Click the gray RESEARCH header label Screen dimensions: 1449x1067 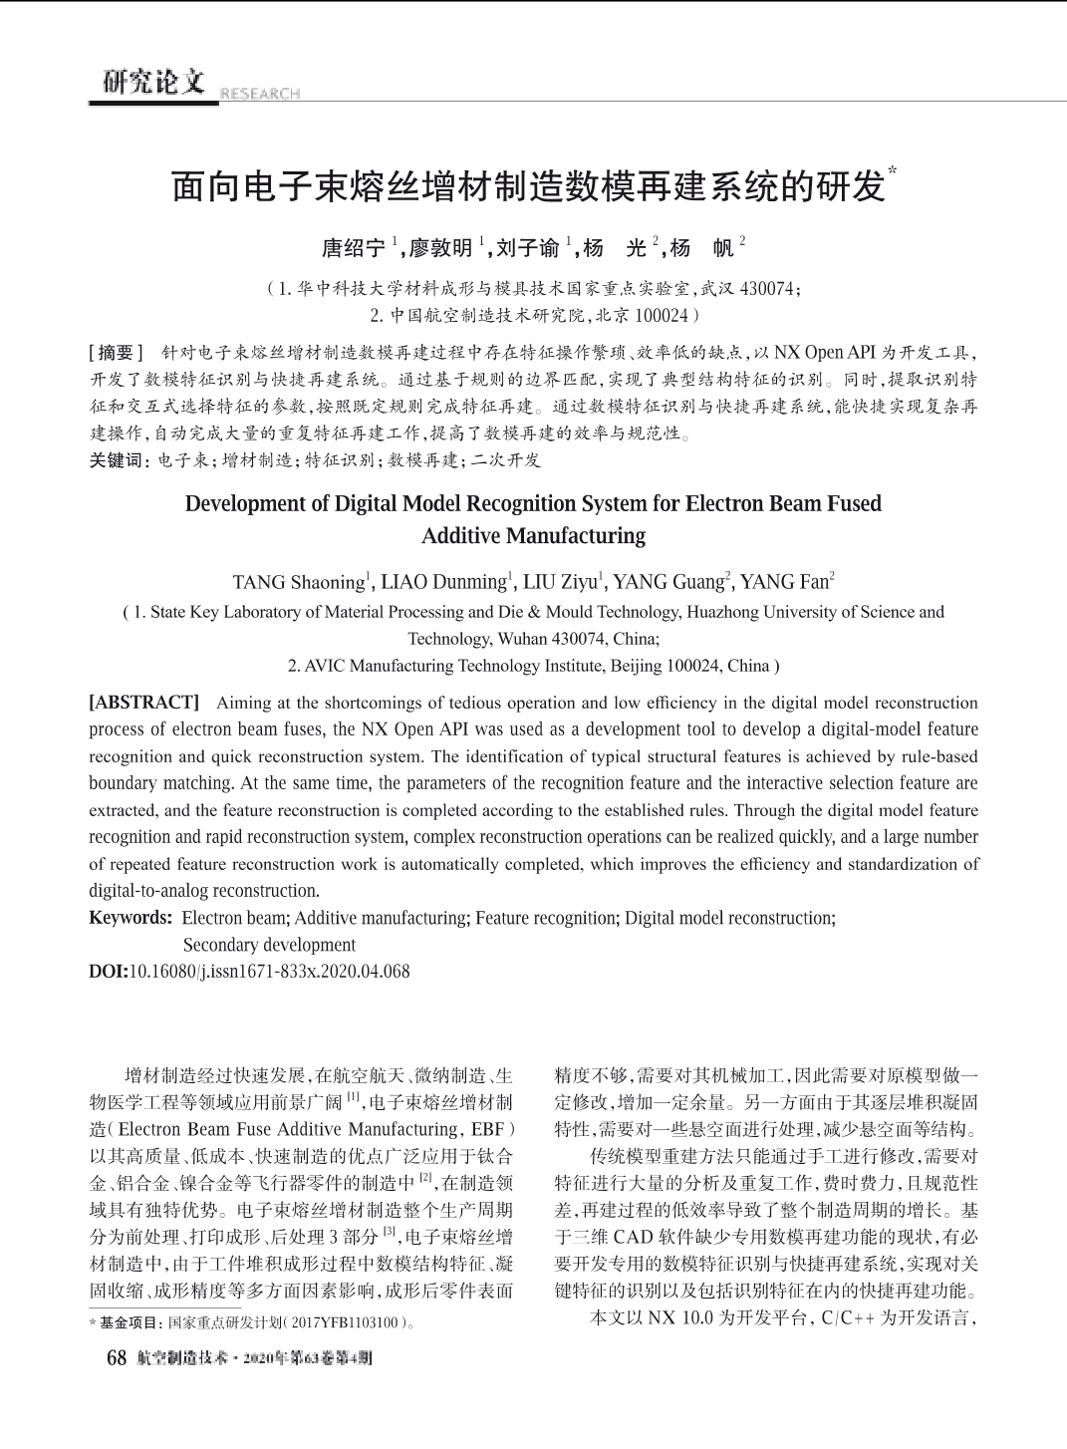[x=259, y=94]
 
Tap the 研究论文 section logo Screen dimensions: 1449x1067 [x=153, y=82]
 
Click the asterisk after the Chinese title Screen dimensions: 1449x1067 [x=892, y=171]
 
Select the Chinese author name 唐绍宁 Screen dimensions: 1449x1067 [x=353, y=248]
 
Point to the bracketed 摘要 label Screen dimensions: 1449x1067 [x=118, y=353]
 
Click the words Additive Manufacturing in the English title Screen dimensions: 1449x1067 [x=533, y=536]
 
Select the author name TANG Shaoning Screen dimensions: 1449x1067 [x=299, y=582]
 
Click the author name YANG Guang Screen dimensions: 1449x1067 [x=667, y=582]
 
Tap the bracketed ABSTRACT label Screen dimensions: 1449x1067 [x=144, y=703]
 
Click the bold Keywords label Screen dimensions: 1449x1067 [x=131, y=918]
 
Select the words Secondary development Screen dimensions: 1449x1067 [x=269, y=945]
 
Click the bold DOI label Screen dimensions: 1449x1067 [x=108, y=972]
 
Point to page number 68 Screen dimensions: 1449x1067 [x=117, y=1358]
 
